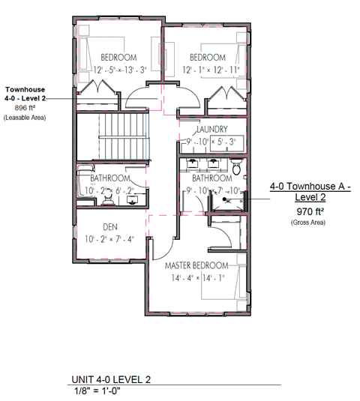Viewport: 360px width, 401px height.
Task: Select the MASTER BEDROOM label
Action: (x=197, y=266)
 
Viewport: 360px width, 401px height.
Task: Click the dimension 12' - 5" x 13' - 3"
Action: (x=117, y=70)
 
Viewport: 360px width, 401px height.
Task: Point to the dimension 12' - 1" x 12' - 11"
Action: (x=206, y=70)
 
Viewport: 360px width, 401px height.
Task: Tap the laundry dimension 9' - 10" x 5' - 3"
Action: (x=211, y=141)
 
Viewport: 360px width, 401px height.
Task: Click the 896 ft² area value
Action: (x=25, y=108)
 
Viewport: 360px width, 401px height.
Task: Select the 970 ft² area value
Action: (x=305, y=212)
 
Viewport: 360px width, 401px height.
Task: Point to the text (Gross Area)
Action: (x=305, y=223)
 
